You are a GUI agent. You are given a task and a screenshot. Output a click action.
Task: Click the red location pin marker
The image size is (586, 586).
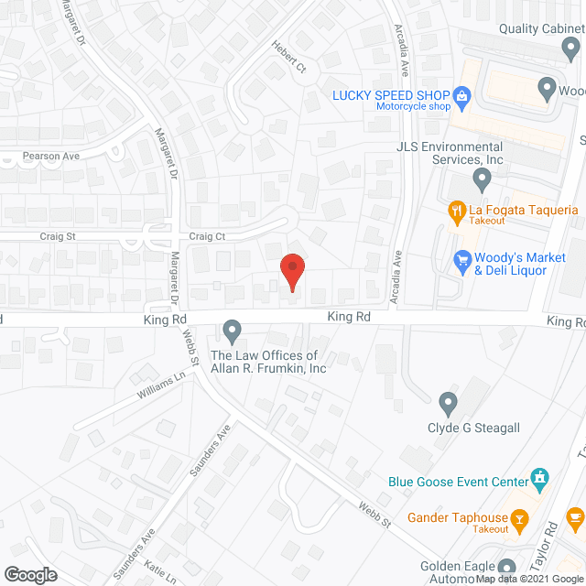coord(292,272)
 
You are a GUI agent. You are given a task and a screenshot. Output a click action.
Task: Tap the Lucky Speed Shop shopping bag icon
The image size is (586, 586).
coord(462,94)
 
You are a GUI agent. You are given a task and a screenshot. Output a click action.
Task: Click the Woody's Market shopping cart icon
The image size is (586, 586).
coord(463,262)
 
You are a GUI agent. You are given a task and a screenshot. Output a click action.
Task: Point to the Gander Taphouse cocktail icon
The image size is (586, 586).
coord(520,519)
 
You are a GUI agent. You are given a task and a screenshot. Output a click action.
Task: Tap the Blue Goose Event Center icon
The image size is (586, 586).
coord(540,479)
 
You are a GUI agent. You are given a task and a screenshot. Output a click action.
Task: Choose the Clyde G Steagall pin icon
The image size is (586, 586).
coord(448,402)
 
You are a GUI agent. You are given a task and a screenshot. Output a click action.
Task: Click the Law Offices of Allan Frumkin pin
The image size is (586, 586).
coord(233,329)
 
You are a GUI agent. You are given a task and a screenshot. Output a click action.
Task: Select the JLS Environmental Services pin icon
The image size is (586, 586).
coord(479,178)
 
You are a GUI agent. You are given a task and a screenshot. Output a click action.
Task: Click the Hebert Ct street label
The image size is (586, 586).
coord(287,57)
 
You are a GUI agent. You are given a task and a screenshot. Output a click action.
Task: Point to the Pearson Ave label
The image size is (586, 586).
coord(51,157)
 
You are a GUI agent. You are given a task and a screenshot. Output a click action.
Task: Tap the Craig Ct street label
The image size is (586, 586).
coord(207,236)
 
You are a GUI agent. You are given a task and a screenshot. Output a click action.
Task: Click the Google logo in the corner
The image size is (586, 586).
coord(30,574)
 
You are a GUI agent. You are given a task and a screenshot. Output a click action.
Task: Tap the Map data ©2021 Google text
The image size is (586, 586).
coord(528,579)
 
